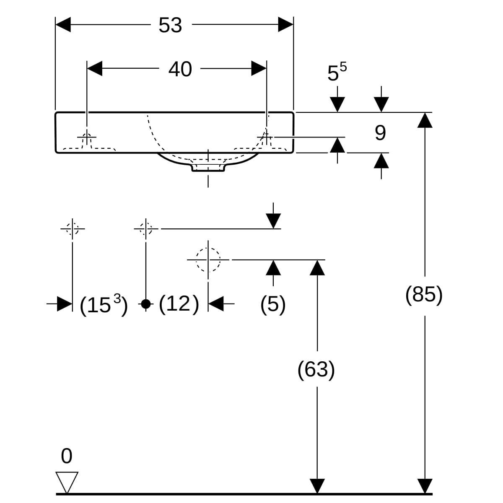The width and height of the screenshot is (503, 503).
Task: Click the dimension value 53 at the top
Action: (x=170, y=25)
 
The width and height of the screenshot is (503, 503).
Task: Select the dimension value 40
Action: (x=180, y=69)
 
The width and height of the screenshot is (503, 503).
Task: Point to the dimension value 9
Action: (x=380, y=133)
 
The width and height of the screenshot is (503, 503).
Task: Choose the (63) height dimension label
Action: (x=316, y=370)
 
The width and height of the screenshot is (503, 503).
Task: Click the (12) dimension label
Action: (x=179, y=304)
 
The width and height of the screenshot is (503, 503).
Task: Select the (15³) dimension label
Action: (x=104, y=305)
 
